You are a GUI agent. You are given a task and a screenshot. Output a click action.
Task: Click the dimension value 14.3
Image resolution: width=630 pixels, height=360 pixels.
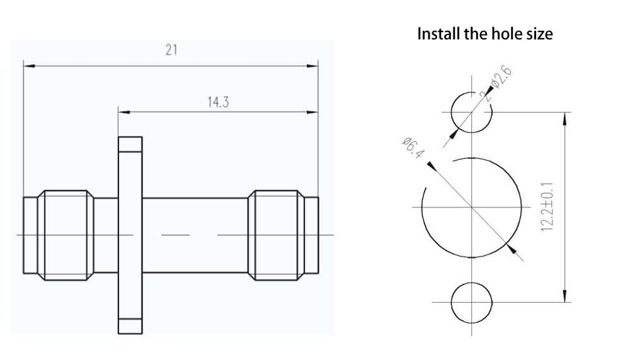[x=218, y=102]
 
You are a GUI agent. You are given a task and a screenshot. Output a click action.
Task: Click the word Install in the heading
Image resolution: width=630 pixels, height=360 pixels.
[x=438, y=33]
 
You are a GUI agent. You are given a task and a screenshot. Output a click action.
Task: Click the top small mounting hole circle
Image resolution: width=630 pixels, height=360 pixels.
[x=471, y=112]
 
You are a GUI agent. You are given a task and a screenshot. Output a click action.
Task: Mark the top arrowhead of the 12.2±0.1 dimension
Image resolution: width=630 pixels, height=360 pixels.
[x=564, y=117]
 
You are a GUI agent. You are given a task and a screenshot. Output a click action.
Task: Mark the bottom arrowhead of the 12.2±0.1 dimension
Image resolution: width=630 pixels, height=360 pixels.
[x=564, y=297]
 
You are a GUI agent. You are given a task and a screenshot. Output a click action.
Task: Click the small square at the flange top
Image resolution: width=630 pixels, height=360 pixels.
[x=130, y=145]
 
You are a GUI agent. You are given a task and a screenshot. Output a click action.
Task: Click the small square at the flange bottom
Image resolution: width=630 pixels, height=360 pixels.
[x=130, y=327]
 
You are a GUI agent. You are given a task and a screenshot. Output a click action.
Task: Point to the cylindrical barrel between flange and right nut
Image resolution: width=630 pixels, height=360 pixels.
[x=195, y=235]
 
